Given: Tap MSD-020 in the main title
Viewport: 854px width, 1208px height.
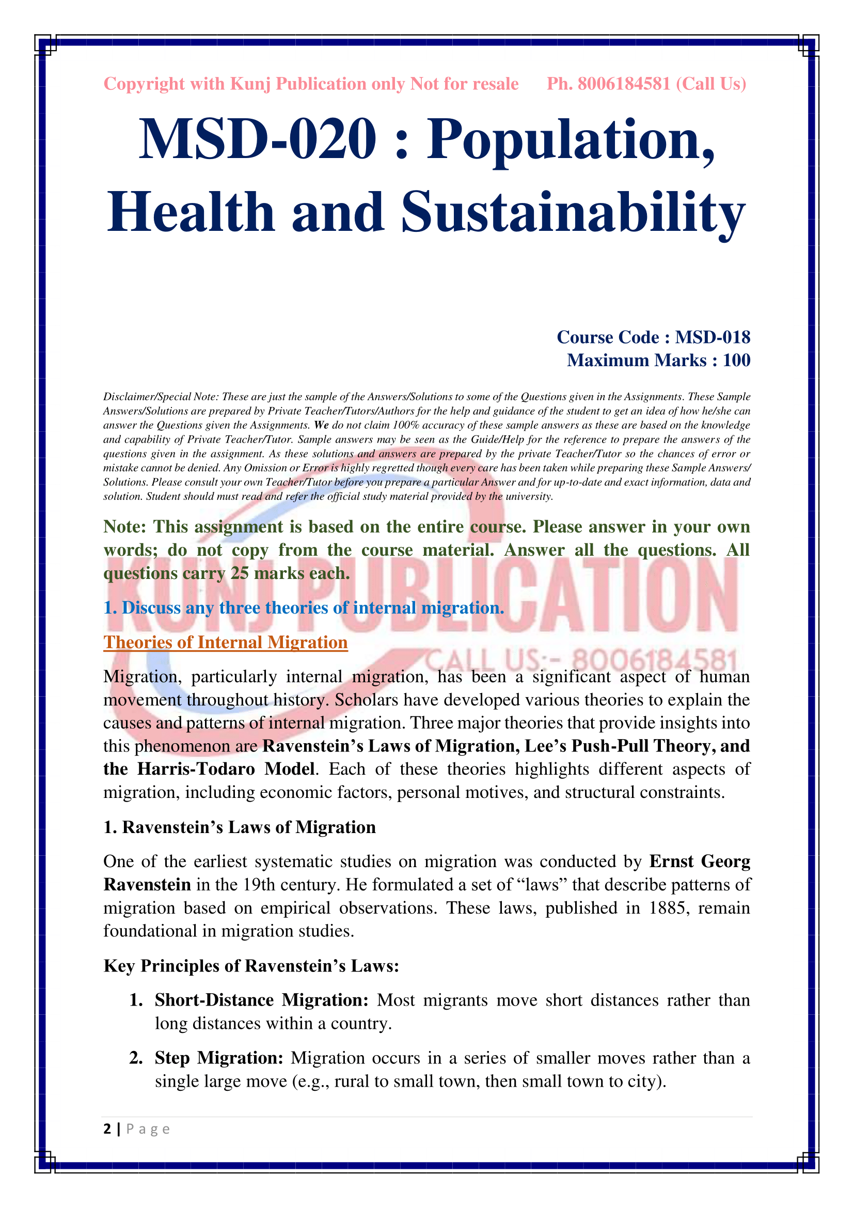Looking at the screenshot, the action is point(258,139).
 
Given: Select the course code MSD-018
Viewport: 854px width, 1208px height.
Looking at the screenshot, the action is point(713,337).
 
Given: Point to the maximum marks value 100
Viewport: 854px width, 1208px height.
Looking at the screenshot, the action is point(736,360).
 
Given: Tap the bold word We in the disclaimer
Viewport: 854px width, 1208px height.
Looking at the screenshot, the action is point(321,425).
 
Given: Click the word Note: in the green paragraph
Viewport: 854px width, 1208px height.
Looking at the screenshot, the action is point(124,527).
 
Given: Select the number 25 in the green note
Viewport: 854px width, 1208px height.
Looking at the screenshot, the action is point(239,573).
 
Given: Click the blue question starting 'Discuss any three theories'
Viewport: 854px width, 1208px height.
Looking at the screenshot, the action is point(304,608).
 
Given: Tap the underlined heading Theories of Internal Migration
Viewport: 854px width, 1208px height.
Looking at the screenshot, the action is point(226,642).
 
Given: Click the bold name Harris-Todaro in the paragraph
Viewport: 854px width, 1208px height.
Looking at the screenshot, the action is point(196,769).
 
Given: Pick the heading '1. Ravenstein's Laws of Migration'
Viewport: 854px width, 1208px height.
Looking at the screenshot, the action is point(240,827).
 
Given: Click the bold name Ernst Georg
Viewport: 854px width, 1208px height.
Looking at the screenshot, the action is point(700,861).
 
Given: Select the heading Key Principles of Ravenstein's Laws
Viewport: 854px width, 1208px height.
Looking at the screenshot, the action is point(251,966).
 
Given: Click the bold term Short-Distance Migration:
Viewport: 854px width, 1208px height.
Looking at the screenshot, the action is point(261,1000).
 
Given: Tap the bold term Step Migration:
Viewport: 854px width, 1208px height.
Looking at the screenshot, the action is point(219,1058).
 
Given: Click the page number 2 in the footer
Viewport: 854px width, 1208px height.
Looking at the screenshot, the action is point(107,1129).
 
